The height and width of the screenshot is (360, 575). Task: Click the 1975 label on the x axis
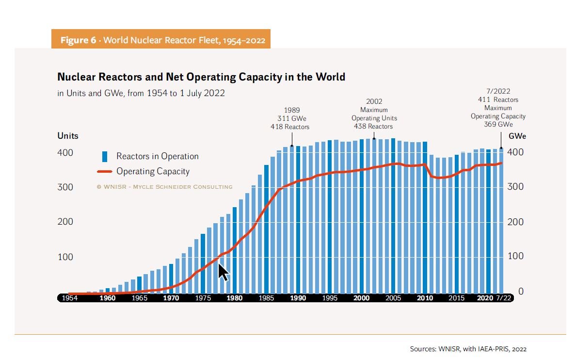tap(203, 298)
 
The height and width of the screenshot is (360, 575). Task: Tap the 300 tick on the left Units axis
tap(65, 187)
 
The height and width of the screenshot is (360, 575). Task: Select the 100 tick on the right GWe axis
tap(515, 256)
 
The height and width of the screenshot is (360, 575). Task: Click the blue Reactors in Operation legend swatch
tap(104, 156)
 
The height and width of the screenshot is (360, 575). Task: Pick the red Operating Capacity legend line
tap(104, 171)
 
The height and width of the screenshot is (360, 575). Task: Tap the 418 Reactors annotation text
tap(290, 127)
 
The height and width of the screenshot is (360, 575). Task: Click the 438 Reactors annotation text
tap(374, 126)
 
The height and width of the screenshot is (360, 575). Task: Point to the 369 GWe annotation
tap(498, 124)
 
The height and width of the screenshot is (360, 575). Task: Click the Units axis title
tap(67, 136)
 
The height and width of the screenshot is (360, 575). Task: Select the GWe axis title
tap(517, 136)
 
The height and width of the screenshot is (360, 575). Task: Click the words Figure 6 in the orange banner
tap(78, 40)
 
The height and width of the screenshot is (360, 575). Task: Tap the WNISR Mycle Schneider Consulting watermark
tap(164, 187)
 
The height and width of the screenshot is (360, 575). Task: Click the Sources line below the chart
tap(468, 349)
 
